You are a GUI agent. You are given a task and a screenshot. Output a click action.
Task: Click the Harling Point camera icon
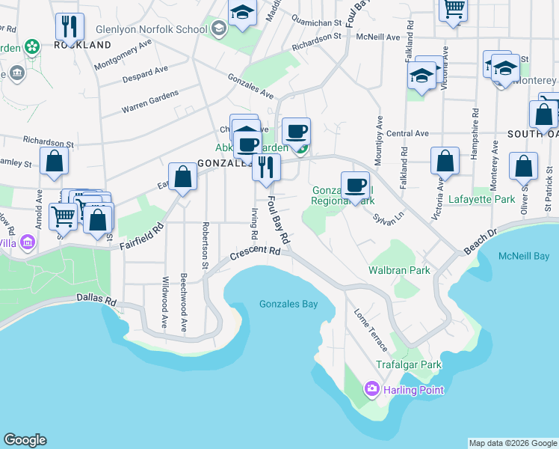[x=371, y=389]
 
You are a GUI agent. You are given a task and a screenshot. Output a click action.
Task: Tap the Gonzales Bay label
[x=288, y=304]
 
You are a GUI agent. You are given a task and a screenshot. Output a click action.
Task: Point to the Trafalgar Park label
[x=409, y=365]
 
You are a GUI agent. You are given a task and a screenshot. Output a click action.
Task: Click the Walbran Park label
[x=399, y=270]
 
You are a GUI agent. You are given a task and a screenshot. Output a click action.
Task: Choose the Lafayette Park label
[x=482, y=200]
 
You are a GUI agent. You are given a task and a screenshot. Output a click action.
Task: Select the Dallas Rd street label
[x=96, y=299]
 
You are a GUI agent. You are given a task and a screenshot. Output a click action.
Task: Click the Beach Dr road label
[x=479, y=242]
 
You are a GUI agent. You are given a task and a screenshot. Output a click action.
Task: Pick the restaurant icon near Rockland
[x=68, y=27]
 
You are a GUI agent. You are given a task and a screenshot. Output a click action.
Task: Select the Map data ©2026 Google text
[x=513, y=443]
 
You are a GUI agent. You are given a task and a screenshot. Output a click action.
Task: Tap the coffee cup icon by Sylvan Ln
[x=355, y=183]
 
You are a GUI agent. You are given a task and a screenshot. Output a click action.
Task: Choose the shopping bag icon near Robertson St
[x=182, y=177]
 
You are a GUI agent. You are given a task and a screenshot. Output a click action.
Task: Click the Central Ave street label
[x=408, y=133]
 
